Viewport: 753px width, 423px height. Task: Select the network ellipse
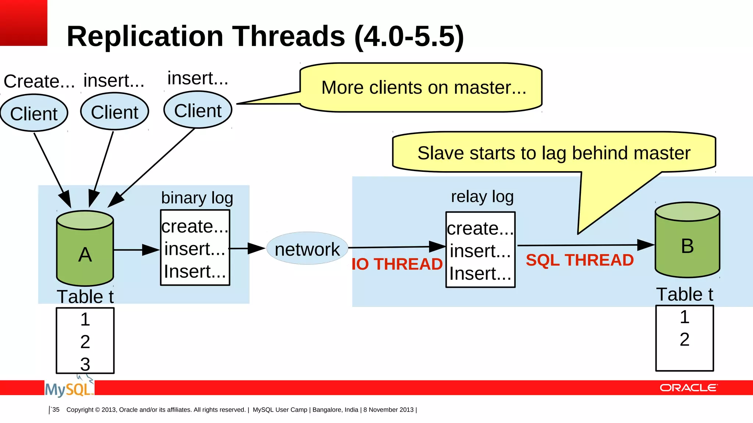coord(307,249)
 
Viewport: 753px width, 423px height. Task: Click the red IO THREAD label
coord(397,264)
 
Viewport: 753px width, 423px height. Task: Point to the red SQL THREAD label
coord(579,260)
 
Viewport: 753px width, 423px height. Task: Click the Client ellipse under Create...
coord(34,113)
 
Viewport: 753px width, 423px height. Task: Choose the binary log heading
coord(197,198)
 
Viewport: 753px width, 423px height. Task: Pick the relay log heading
coord(482,196)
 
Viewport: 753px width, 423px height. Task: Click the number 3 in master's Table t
coord(85,364)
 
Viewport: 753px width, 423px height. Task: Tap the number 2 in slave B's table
coord(684,339)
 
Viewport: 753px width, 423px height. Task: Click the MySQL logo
coord(68,389)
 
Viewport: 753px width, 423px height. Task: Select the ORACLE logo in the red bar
coord(688,388)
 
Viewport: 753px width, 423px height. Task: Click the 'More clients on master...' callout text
coord(424,87)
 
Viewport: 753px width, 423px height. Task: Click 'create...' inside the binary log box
coord(195,226)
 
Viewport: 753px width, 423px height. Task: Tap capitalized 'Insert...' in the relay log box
coord(480,274)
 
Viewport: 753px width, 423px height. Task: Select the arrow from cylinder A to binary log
coord(136,250)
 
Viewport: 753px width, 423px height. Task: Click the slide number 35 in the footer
coord(56,409)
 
